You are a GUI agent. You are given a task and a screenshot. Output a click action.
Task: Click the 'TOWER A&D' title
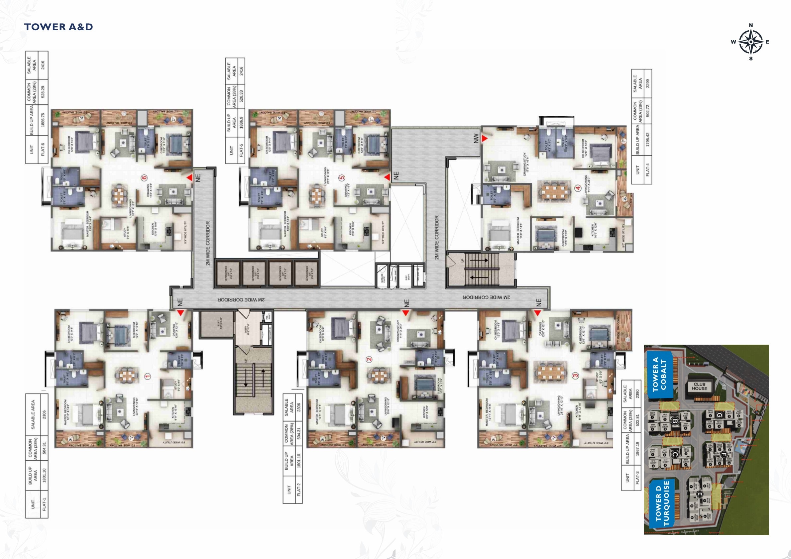coord(58,27)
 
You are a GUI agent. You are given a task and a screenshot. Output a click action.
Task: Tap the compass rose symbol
coord(751,42)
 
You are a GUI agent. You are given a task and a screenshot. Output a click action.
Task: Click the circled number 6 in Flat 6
coord(144,178)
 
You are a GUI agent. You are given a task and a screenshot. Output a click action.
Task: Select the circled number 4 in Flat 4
coord(578,188)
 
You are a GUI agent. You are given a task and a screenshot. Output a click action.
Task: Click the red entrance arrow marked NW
coord(484,139)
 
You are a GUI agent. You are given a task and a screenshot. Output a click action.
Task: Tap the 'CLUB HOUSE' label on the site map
coord(699,386)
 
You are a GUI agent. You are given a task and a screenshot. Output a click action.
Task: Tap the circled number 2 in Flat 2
coord(369,359)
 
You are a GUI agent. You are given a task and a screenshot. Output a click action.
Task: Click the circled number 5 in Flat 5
coord(341,178)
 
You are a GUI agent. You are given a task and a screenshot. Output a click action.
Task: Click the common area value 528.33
coord(241,96)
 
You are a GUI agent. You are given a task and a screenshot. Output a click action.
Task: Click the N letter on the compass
coord(751,25)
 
